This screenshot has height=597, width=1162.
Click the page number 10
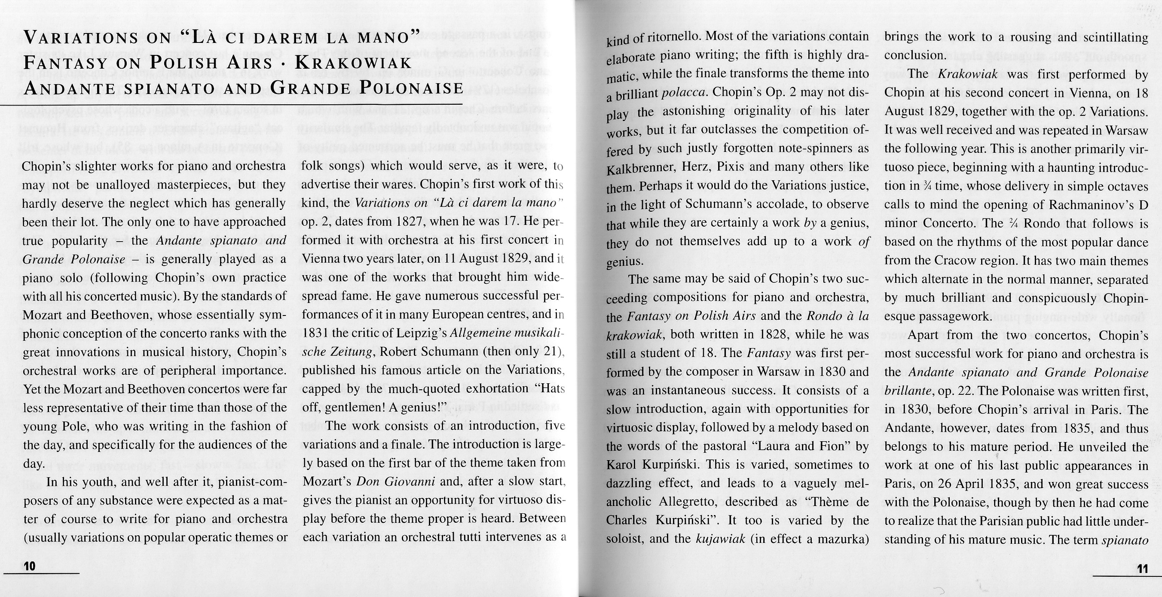tap(29, 567)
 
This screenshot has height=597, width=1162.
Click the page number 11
tap(1142, 569)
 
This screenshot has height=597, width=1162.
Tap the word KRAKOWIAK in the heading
tap(353, 63)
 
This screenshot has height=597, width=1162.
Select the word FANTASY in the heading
tap(65, 63)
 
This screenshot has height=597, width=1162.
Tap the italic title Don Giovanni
tap(396, 482)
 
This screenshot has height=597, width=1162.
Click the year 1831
tap(315, 333)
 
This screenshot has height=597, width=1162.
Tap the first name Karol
tap(621, 464)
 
